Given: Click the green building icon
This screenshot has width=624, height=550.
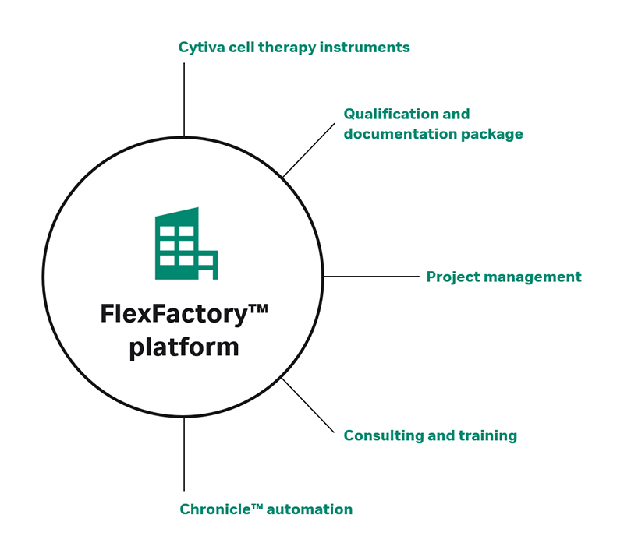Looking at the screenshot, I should pos(185,245).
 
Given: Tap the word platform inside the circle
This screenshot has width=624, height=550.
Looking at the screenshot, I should pos(184,347).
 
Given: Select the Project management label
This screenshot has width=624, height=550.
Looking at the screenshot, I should pos(503,277).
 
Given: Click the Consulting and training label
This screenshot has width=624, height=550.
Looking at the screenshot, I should pos(430,435).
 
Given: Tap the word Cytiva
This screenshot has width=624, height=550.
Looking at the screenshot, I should pos(200,48).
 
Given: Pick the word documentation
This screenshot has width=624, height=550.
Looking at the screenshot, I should pos(395,134).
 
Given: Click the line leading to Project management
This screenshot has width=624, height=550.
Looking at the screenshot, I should pos(371,276).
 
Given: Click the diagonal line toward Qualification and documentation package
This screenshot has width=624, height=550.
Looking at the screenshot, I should pos(308,150).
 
